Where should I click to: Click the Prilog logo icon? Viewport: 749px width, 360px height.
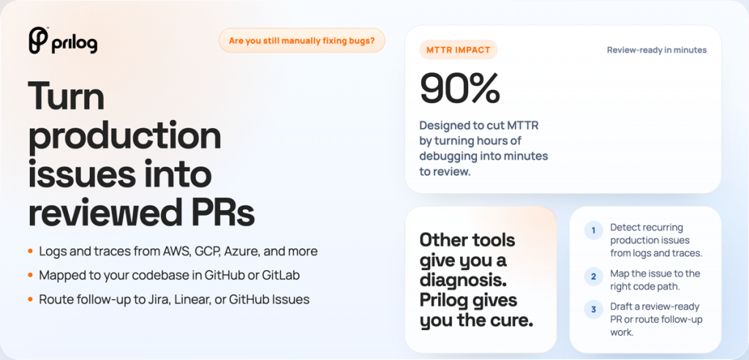pyautogui.click(x=38, y=40)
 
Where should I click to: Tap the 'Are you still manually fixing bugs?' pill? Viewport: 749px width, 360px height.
pyautogui.click(x=302, y=41)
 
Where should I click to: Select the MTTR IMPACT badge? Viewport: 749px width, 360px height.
pyautogui.click(x=459, y=50)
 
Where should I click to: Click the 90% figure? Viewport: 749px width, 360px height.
pyautogui.click(x=460, y=89)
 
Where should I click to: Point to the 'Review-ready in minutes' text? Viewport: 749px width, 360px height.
pyautogui.click(x=657, y=50)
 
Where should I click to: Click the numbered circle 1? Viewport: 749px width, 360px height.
pyautogui.click(x=593, y=231)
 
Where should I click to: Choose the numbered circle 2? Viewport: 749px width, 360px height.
pyautogui.click(x=593, y=277)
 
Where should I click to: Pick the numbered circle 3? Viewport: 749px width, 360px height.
pyautogui.click(x=593, y=310)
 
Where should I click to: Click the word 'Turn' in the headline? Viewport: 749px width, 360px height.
pyautogui.click(x=67, y=96)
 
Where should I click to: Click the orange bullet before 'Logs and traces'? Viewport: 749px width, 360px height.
pyautogui.click(x=31, y=251)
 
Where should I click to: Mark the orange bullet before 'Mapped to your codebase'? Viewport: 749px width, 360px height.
pyautogui.click(x=31, y=275)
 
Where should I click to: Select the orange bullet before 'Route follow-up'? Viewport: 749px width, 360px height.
pyautogui.click(x=31, y=300)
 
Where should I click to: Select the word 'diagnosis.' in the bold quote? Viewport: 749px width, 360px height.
pyautogui.click(x=463, y=281)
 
